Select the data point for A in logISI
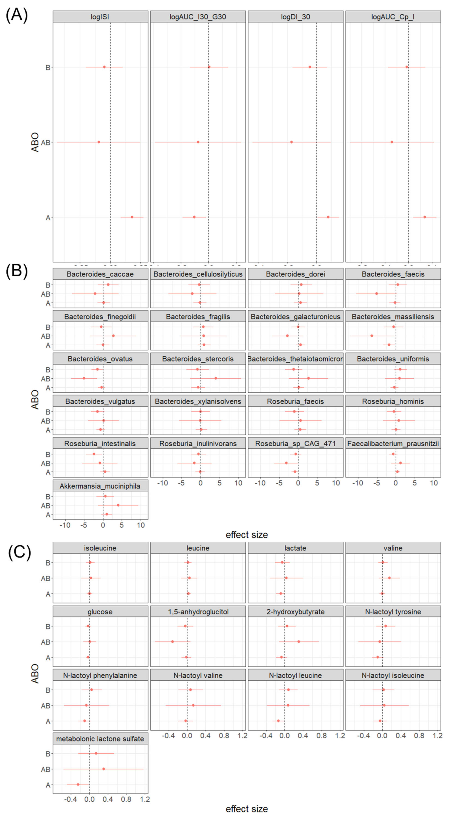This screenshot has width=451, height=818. pyautogui.click(x=132, y=217)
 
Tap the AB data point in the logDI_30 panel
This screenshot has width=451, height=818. pyautogui.click(x=291, y=142)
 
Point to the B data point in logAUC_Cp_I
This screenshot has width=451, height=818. pyautogui.click(x=407, y=67)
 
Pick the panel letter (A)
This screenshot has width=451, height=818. pyautogui.click(x=17, y=15)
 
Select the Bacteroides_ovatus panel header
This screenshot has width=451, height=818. pyautogui.click(x=100, y=359)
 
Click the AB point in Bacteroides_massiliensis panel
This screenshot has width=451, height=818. pyautogui.click(x=372, y=336)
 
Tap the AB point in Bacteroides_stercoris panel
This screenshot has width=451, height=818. pyautogui.click(x=216, y=378)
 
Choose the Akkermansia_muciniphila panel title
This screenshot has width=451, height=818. pyautogui.click(x=100, y=486)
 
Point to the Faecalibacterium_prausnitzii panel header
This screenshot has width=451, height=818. pyautogui.click(x=393, y=444)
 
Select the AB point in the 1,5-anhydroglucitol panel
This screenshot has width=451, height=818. pyautogui.click(x=172, y=642)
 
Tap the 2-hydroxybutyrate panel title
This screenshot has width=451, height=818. pyautogui.click(x=295, y=612)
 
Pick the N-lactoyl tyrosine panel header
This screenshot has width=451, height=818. pyautogui.click(x=393, y=612)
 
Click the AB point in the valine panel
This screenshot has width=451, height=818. pyautogui.click(x=389, y=578)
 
